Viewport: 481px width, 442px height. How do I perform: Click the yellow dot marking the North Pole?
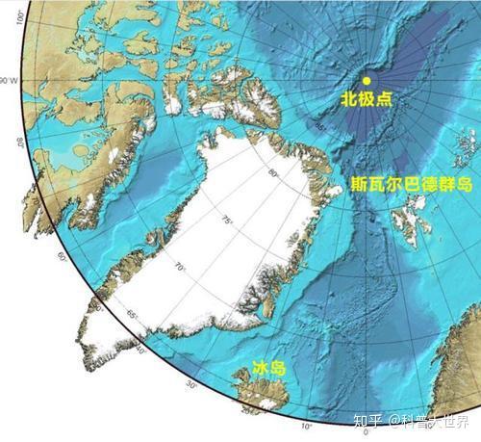pyautogui.click(x=366, y=81)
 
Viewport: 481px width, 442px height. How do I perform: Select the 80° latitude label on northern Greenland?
pyautogui.click(x=272, y=173)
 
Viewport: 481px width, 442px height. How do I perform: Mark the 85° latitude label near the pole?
pyautogui.click(x=320, y=125)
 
